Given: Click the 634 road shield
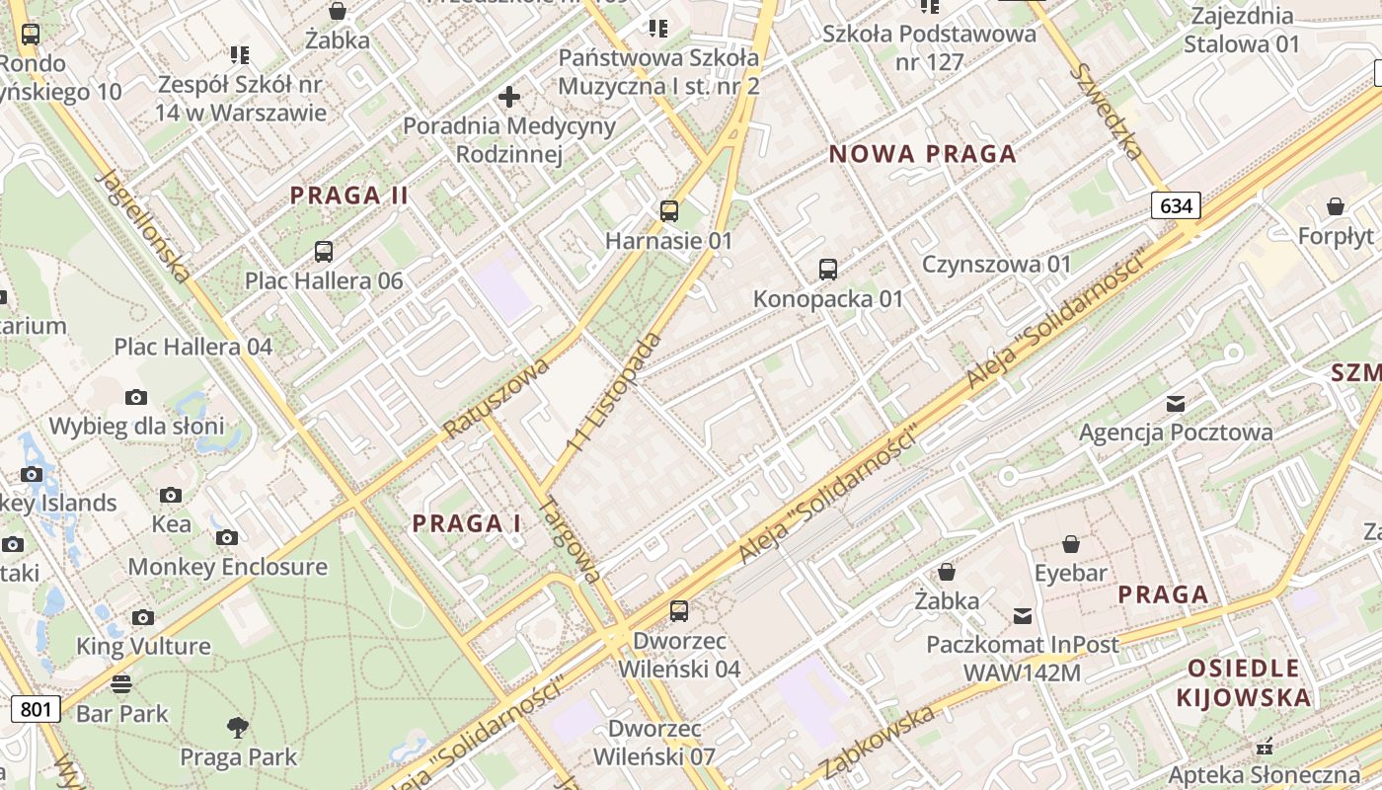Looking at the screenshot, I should [1176, 205].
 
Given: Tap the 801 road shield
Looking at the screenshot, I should [36, 708].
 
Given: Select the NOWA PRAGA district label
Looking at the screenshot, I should [923, 154].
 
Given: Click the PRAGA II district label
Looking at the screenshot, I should [349, 196].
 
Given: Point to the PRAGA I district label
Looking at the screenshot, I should [467, 523].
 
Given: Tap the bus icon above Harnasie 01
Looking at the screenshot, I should [669, 210].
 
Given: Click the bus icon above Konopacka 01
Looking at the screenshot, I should [828, 269].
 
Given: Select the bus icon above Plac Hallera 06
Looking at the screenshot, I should [324, 251].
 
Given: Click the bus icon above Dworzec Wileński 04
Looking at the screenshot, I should [679, 610].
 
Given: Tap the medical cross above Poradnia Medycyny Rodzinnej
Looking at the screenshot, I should [509, 97].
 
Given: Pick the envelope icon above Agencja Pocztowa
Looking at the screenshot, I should [1176, 403].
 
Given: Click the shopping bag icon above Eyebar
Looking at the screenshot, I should [1071, 543].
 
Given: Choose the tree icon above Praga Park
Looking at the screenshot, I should [238, 728].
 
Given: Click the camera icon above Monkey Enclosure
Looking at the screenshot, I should [227, 537].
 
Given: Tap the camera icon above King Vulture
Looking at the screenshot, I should [143, 617].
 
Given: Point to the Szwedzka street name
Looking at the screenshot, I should [1110, 112].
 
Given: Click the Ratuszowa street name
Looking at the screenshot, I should [496, 398].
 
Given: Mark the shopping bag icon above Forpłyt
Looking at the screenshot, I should [1336, 206].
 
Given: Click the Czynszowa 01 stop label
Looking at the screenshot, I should [996, 265].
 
